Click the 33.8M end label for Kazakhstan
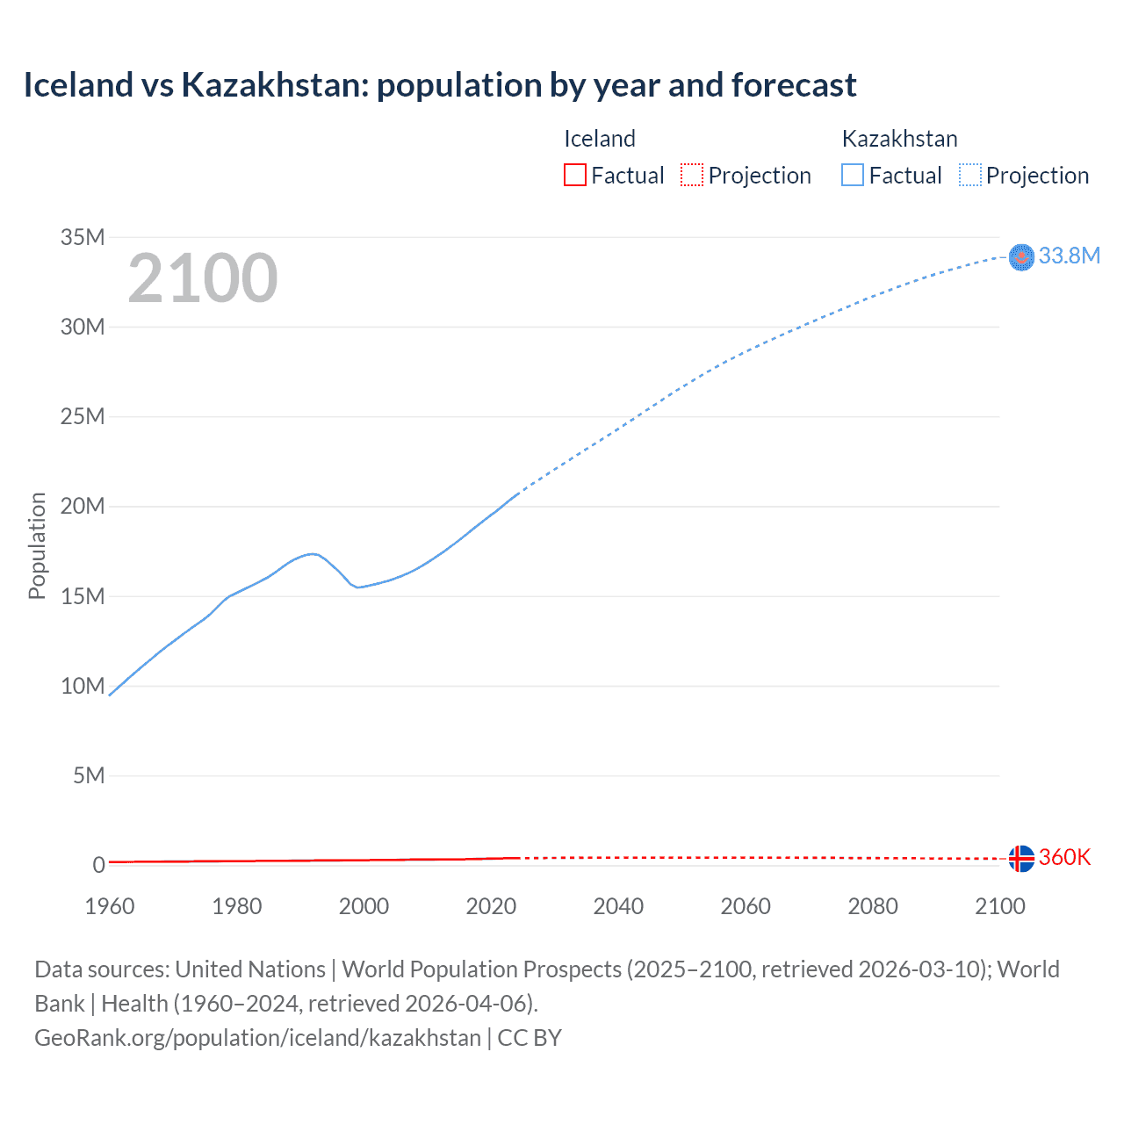coord(1069,256)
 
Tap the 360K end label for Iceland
coord(1064,857)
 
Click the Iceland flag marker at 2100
coord(1021,859)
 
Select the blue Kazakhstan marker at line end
coord(1021,256)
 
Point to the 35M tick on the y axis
coord(83,237)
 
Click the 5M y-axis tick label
coord(89,775)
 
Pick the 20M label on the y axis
coord(83,507)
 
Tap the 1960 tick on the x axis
coord(110,906)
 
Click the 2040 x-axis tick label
coord(618,906)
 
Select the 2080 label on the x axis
coord(873,906)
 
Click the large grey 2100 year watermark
coord(203,278)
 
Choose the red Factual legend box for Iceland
coord(574,175)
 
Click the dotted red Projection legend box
coord(692,175)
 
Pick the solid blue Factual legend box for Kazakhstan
coord(852,175)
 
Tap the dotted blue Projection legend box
coord(969,175)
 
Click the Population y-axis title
coord(37,545)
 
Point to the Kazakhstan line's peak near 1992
coord(312,553)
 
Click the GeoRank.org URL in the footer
coord(257,1037)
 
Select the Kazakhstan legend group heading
coord(899,139)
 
